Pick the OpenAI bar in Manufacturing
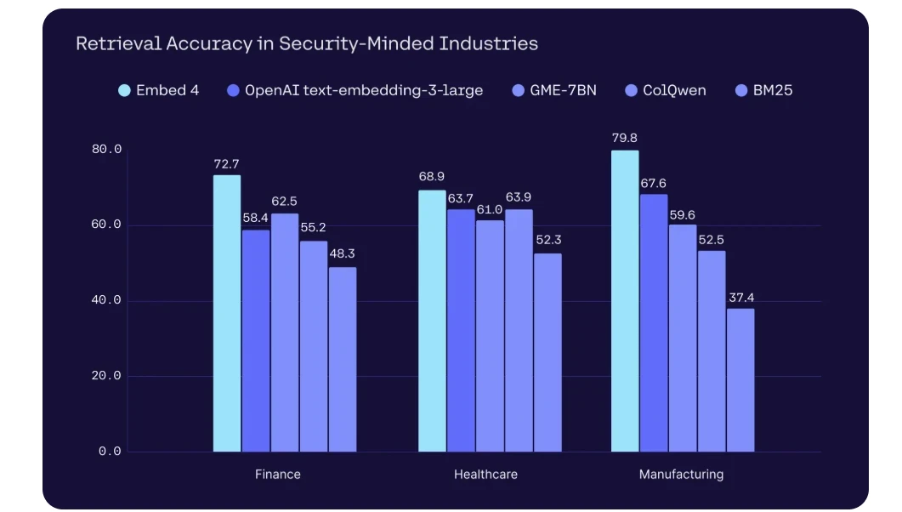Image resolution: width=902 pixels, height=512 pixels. click(654, 322)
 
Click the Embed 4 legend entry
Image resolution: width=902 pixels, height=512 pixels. click(159, 90)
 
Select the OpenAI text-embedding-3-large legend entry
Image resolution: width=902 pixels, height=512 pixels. click(355, 90)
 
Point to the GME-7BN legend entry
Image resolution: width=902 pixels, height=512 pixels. click(554, 90)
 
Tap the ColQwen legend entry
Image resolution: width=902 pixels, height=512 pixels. click(666, 90)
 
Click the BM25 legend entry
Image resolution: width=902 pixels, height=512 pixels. click(763, 90)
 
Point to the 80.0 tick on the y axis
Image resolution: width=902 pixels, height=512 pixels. click(107, 150)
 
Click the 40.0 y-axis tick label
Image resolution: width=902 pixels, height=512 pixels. click(107, 300)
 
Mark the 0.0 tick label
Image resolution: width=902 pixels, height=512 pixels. click(111, 452)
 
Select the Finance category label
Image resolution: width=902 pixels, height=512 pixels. click(277, 475)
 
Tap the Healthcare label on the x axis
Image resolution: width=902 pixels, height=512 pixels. click(485, 475)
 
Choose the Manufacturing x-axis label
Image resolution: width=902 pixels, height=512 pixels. click(681, 475)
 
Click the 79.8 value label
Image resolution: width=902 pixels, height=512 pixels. click(625, 137)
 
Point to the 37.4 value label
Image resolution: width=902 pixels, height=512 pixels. click(740, 296)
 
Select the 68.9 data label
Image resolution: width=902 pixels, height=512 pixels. click(432, 177)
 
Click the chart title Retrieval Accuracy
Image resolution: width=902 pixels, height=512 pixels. click(307, 43)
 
